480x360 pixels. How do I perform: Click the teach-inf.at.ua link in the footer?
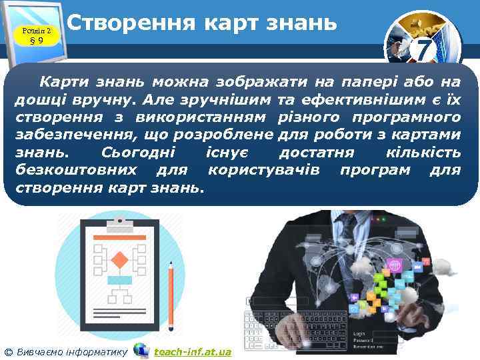193,351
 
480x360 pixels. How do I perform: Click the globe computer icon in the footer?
141,350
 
